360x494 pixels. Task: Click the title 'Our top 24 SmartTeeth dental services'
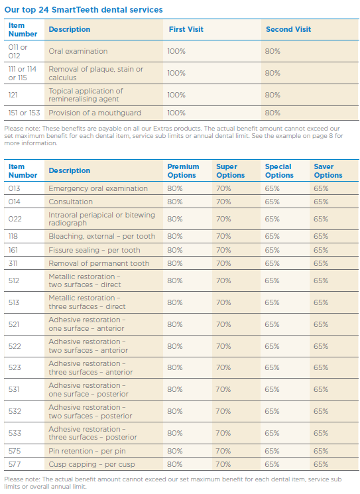point(84,10)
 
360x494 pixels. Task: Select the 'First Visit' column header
point(186,29)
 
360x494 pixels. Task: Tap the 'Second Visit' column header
point(288,29)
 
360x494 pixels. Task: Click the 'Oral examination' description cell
point(78,51)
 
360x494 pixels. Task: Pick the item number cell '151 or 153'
point(25,113)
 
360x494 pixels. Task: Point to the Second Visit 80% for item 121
point(272,95)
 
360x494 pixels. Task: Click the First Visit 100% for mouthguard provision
point(176,113)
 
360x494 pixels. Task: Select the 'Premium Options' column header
point(183,171)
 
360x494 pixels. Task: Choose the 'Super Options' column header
point(230,171)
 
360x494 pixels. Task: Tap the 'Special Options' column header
point(279,171)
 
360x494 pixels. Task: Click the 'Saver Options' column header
point(328,171)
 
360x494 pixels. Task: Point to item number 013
point(14,188)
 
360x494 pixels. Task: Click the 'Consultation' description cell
point(70,202)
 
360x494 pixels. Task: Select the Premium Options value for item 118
point(175,236)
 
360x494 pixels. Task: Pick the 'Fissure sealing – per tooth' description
point(94,250)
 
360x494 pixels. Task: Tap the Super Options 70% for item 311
point(223,263)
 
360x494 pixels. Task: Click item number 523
point(15,367)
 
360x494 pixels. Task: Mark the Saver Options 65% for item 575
point(321,451)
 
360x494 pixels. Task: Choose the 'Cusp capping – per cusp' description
point(91,464)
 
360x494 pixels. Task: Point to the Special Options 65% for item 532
point(272,411)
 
